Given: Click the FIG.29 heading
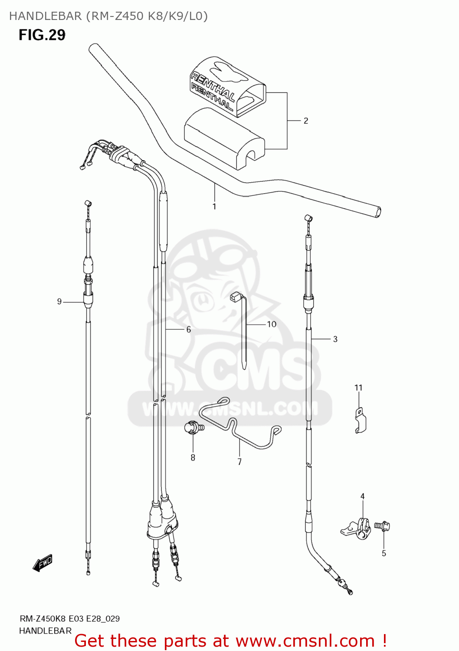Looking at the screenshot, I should (x=42, y=35).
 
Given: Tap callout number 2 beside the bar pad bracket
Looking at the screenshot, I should (x=306, y=121).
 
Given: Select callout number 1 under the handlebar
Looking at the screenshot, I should (x=214, y=207).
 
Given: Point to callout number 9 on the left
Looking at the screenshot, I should (x=59, y=302).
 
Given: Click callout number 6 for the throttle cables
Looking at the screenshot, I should (x=189, y=330).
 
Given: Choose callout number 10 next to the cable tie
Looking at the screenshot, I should (x=272, y=324).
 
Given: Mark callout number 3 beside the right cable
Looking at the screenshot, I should (x=335, y=339).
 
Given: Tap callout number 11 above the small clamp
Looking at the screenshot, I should (x=358, y=388).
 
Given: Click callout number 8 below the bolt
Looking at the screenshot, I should (x=193, y=457).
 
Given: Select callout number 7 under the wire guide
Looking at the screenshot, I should (x=239, y=462).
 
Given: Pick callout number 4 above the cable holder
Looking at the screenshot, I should (x=362, y=496).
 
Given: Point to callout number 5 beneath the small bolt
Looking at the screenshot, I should (x=384, y=553).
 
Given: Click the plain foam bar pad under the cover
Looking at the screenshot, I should (x=223, y=139).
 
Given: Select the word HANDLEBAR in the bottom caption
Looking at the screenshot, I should (x=46, y=631).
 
